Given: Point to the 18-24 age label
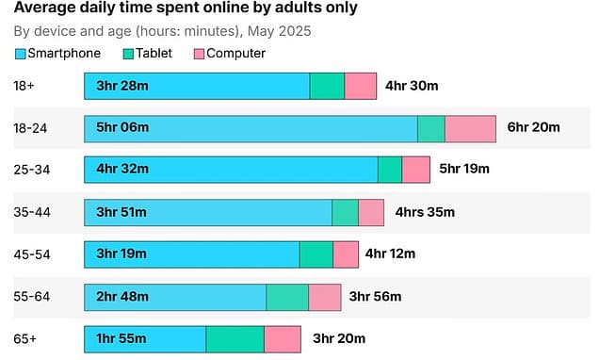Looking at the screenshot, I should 32,128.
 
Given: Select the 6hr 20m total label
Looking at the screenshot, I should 534,128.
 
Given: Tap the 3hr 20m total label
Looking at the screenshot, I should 339,338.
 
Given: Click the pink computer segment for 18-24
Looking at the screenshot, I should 470,129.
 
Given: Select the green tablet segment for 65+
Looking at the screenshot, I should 235,339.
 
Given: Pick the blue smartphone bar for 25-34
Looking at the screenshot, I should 231,170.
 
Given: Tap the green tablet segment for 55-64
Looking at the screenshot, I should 287,297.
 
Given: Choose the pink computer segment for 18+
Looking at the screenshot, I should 360,86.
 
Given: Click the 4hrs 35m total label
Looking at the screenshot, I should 426,212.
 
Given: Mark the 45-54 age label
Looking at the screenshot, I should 32,254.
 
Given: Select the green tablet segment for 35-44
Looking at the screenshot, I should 345,212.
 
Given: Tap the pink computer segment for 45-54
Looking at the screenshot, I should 346,254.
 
